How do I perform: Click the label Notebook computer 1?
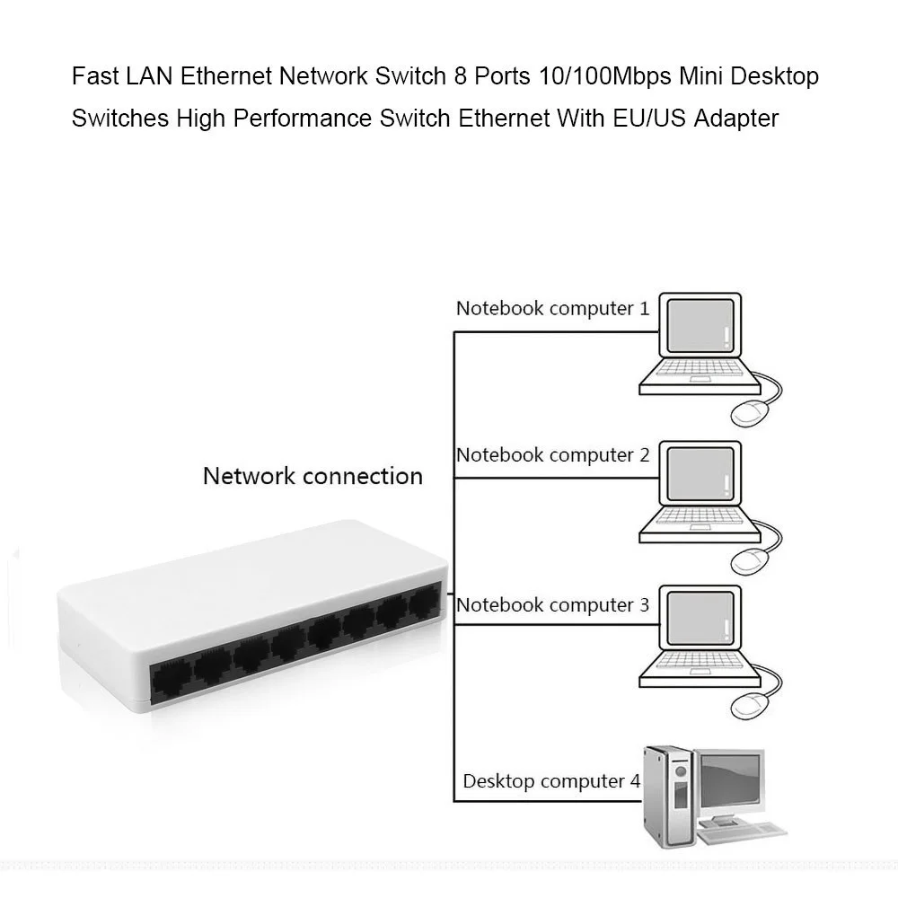click(x=552, y=309)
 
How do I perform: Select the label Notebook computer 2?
click(x=552, y=455)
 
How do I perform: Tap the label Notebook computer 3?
click(x=552, y=605)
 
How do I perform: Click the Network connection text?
click(x=313, y=476)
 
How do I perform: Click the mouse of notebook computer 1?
click(x=750, y=413)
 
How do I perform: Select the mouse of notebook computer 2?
click(x=750, y=561)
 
